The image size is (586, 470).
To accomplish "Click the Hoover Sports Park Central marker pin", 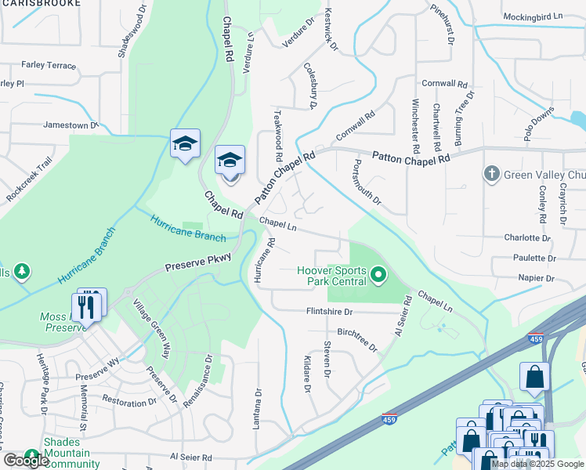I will (x=379, y=275).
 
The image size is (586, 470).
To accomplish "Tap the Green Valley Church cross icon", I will (x=491, y=173).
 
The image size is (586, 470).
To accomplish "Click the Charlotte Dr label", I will (x=526, y=237).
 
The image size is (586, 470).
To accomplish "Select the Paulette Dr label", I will (x=535, y=257).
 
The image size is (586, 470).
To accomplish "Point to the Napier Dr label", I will (x=536, y=277).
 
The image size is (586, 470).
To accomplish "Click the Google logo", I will (x=26, y=461).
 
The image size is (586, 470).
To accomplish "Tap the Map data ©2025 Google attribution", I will (x=537, y=464).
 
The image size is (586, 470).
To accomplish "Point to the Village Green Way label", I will (x=151, y=329).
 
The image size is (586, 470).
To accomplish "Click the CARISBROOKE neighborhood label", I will (x=41, y=3).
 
